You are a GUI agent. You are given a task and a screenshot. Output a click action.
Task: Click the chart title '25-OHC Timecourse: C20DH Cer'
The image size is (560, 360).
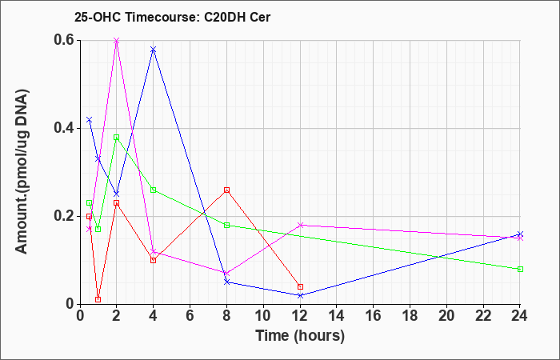pos(172,17)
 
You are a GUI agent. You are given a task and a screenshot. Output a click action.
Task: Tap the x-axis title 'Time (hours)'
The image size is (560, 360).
pos(300,335)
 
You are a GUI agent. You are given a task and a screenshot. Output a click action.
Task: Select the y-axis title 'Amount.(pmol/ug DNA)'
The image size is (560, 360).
pos(22,171)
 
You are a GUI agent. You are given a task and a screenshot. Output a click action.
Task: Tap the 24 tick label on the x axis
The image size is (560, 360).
pos(519,316)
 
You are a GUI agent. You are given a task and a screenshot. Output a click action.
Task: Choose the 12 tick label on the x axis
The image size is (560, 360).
pos(300,316)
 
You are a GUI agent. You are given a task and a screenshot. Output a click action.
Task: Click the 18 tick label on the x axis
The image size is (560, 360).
pos(410,316)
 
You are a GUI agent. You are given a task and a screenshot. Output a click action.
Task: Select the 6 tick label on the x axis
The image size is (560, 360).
pos(190,316)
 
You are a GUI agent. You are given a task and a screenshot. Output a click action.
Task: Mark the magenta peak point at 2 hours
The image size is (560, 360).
pos(117,40)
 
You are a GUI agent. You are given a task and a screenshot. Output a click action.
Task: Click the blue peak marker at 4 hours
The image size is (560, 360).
pos(154,50)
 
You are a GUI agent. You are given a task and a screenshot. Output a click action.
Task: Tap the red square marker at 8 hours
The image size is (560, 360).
pos(226,190)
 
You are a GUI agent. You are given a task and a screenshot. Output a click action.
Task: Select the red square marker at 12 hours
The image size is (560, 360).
pos(300,286)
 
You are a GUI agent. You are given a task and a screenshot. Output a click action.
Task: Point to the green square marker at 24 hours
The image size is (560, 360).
pos(520,270)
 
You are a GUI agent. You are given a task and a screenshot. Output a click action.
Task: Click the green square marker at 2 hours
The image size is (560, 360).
pos(117,137)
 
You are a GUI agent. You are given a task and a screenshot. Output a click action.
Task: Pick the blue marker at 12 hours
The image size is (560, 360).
pos(300,295)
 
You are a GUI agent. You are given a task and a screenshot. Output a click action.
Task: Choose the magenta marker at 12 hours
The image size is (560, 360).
pos(300,225)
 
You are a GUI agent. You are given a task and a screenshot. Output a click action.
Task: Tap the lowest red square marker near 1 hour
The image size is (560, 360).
pos(98,300)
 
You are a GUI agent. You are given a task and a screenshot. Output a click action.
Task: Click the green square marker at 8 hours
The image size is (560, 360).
pos(226,225)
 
